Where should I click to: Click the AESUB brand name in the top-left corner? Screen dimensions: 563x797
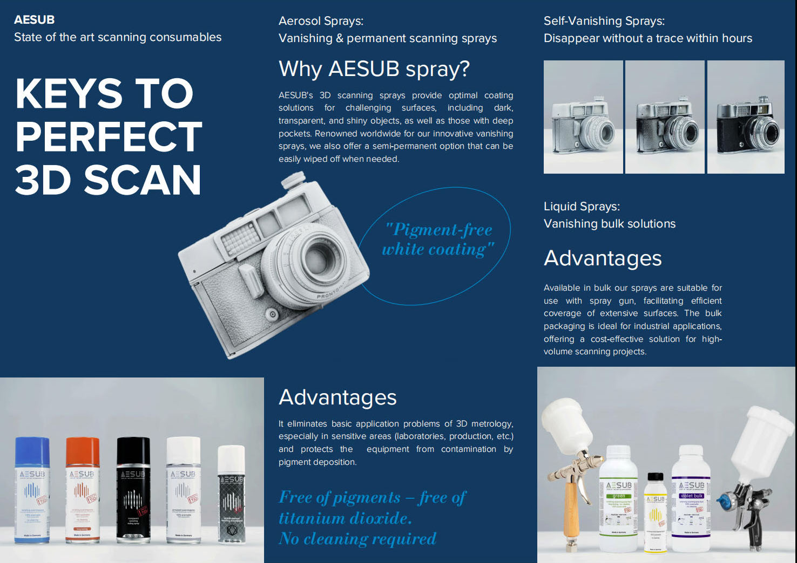coord(34,20)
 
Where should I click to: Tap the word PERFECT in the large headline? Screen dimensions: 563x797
coord(109,137)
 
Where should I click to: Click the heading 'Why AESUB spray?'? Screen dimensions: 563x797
coord(374,69)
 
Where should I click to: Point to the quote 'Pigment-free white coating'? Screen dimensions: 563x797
coord(437,239)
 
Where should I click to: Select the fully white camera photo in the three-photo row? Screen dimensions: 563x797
coord(583,117)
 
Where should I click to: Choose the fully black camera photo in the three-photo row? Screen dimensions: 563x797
coord(746,117)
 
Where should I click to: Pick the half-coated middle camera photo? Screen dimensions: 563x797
coord(665,117)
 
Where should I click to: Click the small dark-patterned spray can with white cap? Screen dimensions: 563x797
coord(231,496)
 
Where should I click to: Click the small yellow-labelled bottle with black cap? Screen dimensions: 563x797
coord(656,512)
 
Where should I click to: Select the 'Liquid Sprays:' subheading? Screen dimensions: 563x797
coord(582,207)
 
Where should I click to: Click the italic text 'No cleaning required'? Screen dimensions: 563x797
coord(357,539)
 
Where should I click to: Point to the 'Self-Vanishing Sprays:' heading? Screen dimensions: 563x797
coord(604,21)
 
